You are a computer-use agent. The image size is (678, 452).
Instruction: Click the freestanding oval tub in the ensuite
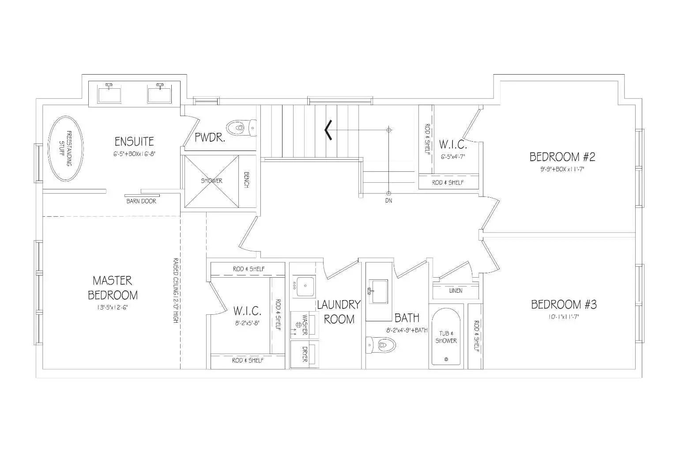[x=65, y=148]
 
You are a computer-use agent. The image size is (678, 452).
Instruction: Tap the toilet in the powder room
[x=241, y=128]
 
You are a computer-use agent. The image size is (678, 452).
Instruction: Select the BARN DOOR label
[x=141, y=201]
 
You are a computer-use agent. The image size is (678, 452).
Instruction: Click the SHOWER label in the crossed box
[x=212, y=181]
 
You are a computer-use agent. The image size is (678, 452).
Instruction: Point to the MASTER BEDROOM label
[x=113, y=287]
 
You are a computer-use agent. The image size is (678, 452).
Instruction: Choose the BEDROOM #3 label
[x=564, y=305]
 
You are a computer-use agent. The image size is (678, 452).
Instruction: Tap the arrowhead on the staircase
[x=328, y=130]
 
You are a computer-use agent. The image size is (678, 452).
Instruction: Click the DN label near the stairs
[x=388, y=200]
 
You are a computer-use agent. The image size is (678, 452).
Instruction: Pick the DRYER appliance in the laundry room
[x=304, y=354]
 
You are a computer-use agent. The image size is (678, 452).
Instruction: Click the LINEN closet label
[x=456, y=290]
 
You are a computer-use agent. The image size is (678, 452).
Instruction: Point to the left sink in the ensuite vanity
[x=109, y=94]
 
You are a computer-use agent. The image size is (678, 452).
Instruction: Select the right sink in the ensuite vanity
[x=159, y=94]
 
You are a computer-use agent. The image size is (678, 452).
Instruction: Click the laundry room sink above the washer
[x=303, y=286]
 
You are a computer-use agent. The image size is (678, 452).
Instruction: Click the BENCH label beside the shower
[x=246, y=180]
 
